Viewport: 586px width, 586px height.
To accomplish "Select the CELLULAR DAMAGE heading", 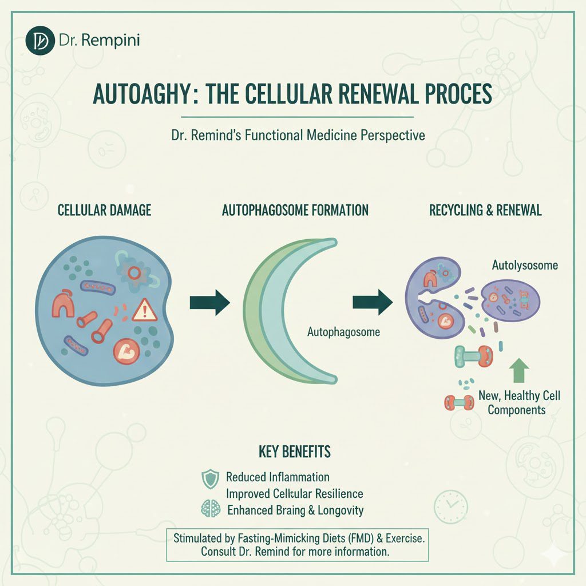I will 105,210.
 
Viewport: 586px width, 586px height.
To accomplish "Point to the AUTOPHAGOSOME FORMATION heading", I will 295,210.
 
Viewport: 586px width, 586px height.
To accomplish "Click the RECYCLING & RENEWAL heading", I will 485,210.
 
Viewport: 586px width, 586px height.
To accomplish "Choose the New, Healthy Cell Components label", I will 519,403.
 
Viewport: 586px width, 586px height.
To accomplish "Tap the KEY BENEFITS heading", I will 295,452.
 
